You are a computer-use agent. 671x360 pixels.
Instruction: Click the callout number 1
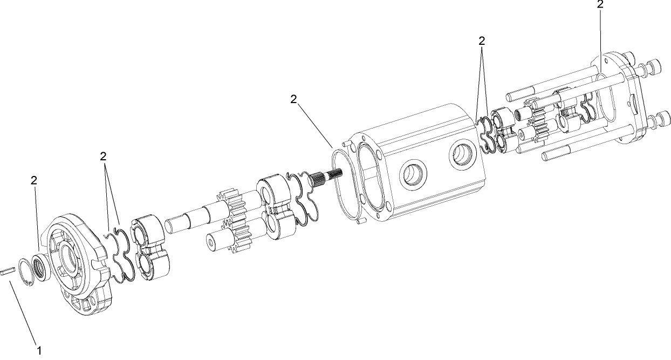(39, 350)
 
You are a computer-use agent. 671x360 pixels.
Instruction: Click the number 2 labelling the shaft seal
(33, 181)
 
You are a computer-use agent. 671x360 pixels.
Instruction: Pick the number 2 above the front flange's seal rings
(103, 157)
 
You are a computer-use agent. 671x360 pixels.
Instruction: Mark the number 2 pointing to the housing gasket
(293, 99)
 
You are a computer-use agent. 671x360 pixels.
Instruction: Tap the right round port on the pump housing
(463, 157)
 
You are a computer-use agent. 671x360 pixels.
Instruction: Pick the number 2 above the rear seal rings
(482, 40)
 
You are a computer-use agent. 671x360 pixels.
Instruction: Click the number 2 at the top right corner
(600, 4)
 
